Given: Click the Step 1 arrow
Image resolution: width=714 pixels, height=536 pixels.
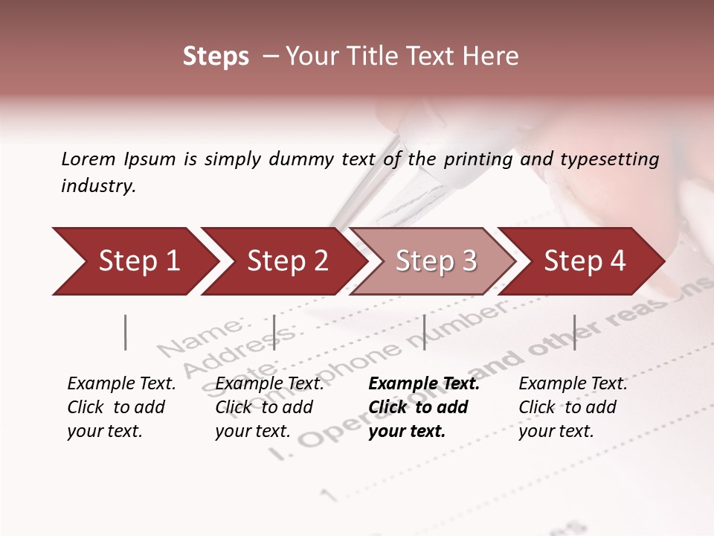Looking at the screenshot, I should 134,261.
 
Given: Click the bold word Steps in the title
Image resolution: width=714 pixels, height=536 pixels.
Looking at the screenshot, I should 216,57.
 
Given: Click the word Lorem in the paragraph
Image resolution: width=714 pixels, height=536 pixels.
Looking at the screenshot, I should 88,159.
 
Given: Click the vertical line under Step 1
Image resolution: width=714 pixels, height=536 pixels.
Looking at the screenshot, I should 126,332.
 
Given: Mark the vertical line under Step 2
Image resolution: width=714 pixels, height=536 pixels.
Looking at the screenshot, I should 274,332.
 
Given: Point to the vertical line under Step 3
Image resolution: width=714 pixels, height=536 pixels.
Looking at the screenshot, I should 424,332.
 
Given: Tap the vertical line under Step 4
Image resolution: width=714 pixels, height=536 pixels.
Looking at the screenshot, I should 574,332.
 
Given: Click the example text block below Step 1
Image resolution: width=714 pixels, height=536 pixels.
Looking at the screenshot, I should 121,407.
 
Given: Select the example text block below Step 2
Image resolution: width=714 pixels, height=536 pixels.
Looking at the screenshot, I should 269,407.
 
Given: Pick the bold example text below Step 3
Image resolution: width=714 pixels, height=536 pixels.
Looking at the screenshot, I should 424,407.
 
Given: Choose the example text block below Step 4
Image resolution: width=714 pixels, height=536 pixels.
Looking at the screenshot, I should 573,407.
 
